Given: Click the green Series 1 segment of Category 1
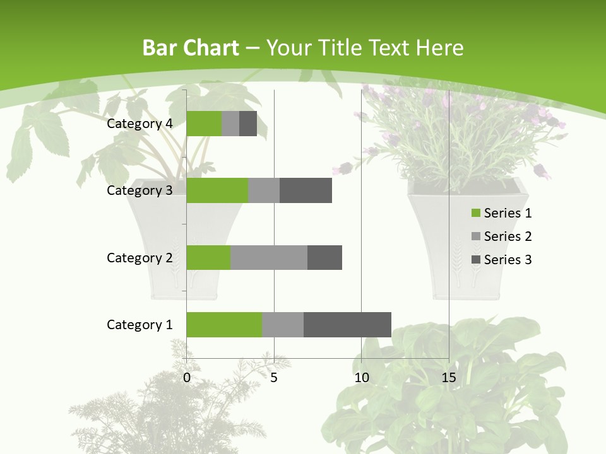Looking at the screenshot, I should [x=224, y=325].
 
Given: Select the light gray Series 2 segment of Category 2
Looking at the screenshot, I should [x=269, y=257].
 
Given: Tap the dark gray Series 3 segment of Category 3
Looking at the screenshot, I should [x=306, y=190].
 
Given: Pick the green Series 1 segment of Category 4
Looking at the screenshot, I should [x=204, y=124].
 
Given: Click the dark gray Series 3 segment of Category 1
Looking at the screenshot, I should [x=347, y=325].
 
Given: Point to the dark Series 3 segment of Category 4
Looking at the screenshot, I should [x=248, y=124].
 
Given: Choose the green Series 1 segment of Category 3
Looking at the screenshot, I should [x=217, y=190].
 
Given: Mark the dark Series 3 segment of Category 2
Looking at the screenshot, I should [x=324, y=257].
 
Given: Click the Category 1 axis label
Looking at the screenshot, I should [x=140, y=325].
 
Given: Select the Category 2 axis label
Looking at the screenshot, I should [x=140, y=257].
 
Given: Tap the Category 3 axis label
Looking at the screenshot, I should [x=140, y=190].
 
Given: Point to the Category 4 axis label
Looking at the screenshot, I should [x=140, y=124].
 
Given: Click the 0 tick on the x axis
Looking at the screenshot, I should [x=187, y=378].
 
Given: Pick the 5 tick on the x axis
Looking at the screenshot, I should [x=274, y=378].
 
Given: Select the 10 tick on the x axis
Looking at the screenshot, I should [x=361, y=378].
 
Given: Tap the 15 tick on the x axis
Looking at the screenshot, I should [x=449, y=378].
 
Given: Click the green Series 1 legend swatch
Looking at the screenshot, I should [x=475, y=213].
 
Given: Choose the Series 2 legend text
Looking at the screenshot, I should [x=508, y=236].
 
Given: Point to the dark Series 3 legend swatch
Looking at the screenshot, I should [x=475, y=260].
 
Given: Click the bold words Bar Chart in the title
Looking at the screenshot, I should [x=191, y=48].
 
